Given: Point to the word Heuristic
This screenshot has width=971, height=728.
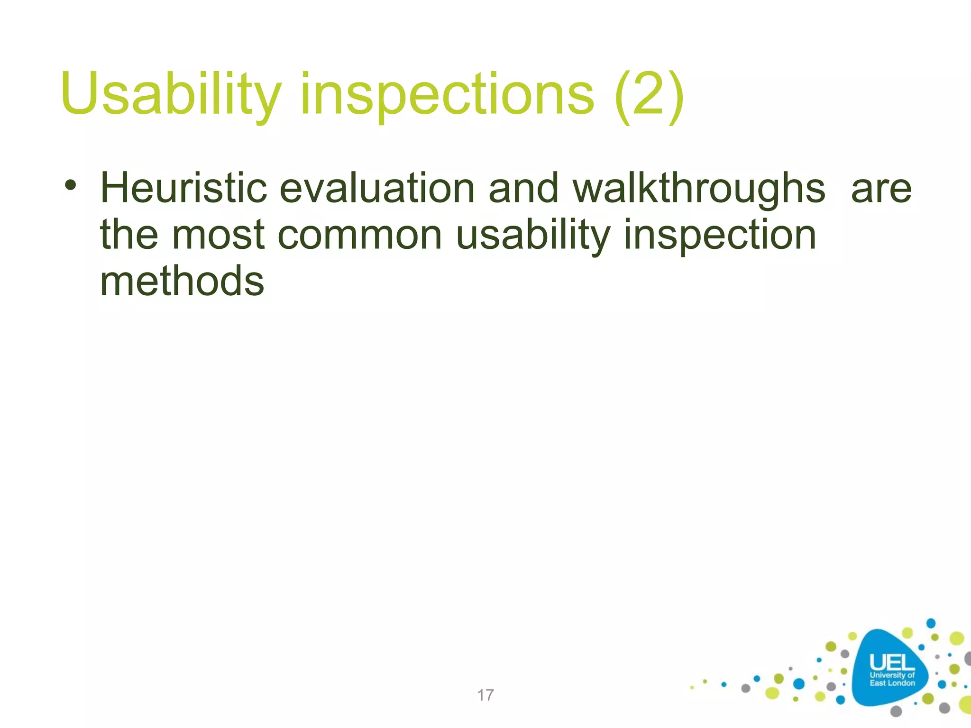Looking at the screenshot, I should click(183, 188).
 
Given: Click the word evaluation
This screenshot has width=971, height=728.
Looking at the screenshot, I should click(377, 188).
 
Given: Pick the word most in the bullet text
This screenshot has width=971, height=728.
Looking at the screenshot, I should click(217, 236).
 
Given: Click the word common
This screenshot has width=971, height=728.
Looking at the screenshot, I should click(359, 236).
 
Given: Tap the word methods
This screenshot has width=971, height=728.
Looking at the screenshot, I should click(182, 282).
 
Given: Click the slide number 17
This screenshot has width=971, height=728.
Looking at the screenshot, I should click(485, 695).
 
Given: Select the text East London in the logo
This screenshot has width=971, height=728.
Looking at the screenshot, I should click(892, 683).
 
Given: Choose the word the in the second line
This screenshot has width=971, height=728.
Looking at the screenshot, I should click(128, 236).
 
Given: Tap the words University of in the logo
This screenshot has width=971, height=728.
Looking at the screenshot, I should click(892, 675).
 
